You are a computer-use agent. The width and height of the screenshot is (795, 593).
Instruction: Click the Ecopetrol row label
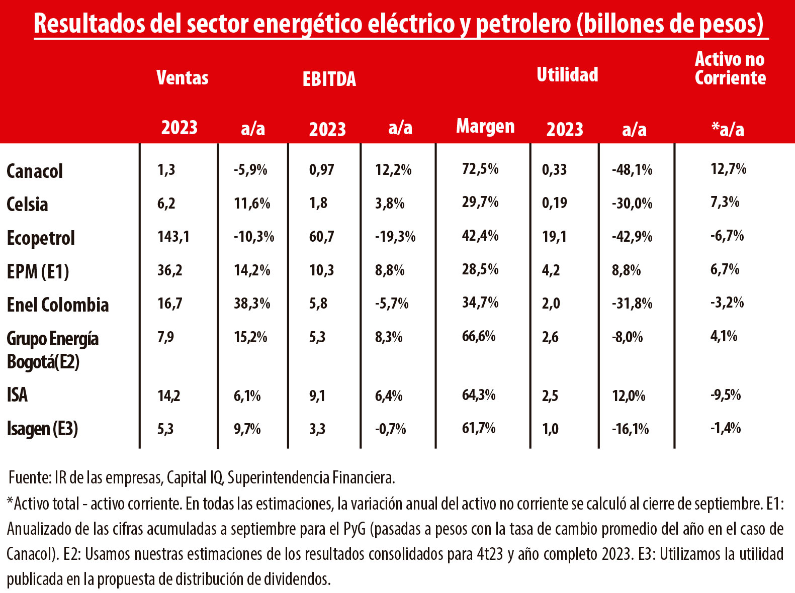tap(41, 238)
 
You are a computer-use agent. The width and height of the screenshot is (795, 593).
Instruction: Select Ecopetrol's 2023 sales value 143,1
tap(173, 236)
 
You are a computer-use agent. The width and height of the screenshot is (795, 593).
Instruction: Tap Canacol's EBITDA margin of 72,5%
tap(480, 169)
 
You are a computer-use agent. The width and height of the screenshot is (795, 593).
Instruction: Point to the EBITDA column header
tap(329, 79)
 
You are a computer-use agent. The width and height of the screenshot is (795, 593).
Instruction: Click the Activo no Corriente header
tap(730, 69)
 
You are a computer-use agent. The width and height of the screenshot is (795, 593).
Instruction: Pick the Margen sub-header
tap(485, 126)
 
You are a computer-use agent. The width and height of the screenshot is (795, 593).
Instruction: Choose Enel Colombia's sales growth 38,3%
tap(252, 304)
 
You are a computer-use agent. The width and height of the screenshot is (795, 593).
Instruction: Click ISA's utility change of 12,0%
tap(629, 396)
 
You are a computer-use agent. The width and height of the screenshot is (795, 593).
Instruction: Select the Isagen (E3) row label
tap(42, 429)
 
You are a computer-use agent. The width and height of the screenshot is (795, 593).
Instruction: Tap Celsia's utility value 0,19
tap(554, 203)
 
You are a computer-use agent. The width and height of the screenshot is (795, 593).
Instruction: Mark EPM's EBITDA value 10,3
tap(321, 270)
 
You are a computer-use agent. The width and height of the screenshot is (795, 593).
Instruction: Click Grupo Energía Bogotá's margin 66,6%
tap(479, 336)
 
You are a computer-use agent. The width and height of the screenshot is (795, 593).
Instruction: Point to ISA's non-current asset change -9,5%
tap(726, 395)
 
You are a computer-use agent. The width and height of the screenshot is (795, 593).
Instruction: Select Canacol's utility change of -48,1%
tap(632, 170)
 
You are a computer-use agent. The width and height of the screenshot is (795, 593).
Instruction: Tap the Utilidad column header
tap(567, 75)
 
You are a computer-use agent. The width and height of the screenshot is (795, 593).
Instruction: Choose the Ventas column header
tap(182, 77)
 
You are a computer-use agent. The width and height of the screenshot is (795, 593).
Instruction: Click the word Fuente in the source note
tap(28, 477)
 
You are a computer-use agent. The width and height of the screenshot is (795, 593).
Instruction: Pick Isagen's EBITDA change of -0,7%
tap(390, 429)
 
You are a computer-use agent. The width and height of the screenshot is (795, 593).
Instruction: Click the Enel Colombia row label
tap(58, 305)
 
